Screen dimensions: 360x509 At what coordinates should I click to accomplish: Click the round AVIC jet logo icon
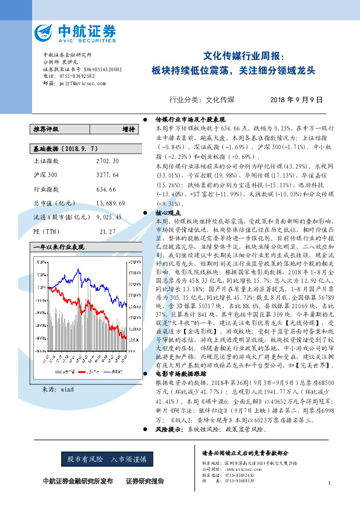tap(45, 31)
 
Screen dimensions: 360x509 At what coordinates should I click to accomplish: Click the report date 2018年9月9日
tap(296, 99)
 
